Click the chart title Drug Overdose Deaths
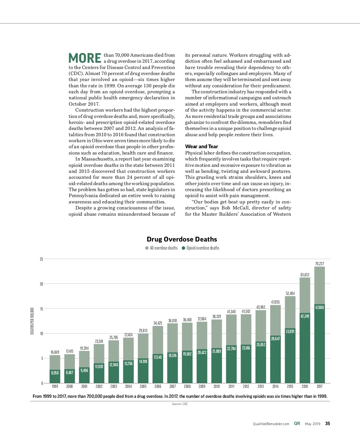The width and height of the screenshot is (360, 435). pyautogui.click(x=182, y=239)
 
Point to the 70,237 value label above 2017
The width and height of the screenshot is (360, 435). pyautogui.click(x=319, y=264)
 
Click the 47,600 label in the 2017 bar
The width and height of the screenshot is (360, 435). pyautogui.click(x=319, y=307)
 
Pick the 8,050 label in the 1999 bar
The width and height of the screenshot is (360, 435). pyautogui.click(x=55, y=373)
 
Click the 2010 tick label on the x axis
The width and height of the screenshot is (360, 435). pyautogui.click(x=217, y=386)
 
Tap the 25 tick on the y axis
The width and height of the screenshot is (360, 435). pyautogui.click(x=41, y=259)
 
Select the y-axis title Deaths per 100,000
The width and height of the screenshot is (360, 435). pyautogui.click(x=32, y=321)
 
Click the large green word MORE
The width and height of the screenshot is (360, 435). pyautogui.click(x=85, y=58)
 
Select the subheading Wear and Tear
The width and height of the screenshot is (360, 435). pyautogui.click(x=201, y=146)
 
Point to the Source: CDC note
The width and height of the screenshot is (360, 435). pyautogui.click(x=180, y=404)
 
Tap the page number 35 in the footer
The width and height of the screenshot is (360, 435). pyautogui.click(x=328, y=424)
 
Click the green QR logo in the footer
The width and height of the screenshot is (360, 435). pyautogui.click(x=297, y=424)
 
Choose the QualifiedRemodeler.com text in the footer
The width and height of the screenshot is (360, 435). pyautogui.click(x=271, y=424)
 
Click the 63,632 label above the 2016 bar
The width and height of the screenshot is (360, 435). pyautogui.click(x=305, y=275)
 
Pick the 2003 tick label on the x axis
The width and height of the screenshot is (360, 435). pyautogui.click(x=114, y=386)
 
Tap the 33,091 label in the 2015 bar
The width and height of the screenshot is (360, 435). pyautogui.click(x=290, y=331)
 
